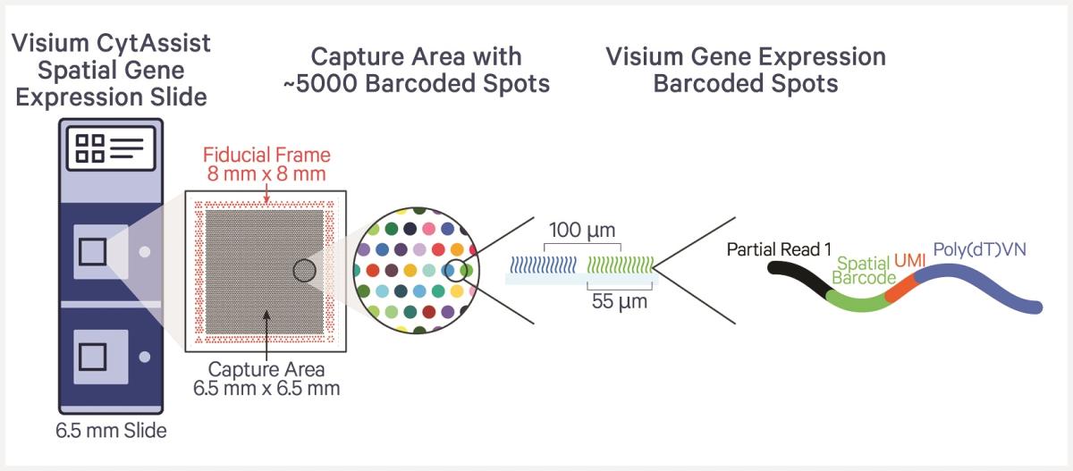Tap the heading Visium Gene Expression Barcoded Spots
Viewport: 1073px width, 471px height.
click(746, 70)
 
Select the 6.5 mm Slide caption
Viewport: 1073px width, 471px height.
click(110, 432)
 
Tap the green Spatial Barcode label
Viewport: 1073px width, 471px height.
click(864, 271)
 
